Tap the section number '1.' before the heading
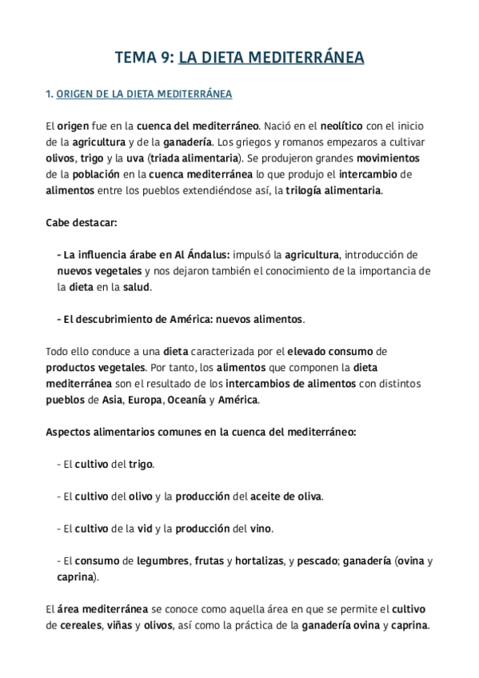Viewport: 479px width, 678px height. [50, 94]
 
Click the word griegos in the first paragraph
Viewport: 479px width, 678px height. [281, 142]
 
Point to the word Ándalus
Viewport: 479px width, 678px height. [206, 254]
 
